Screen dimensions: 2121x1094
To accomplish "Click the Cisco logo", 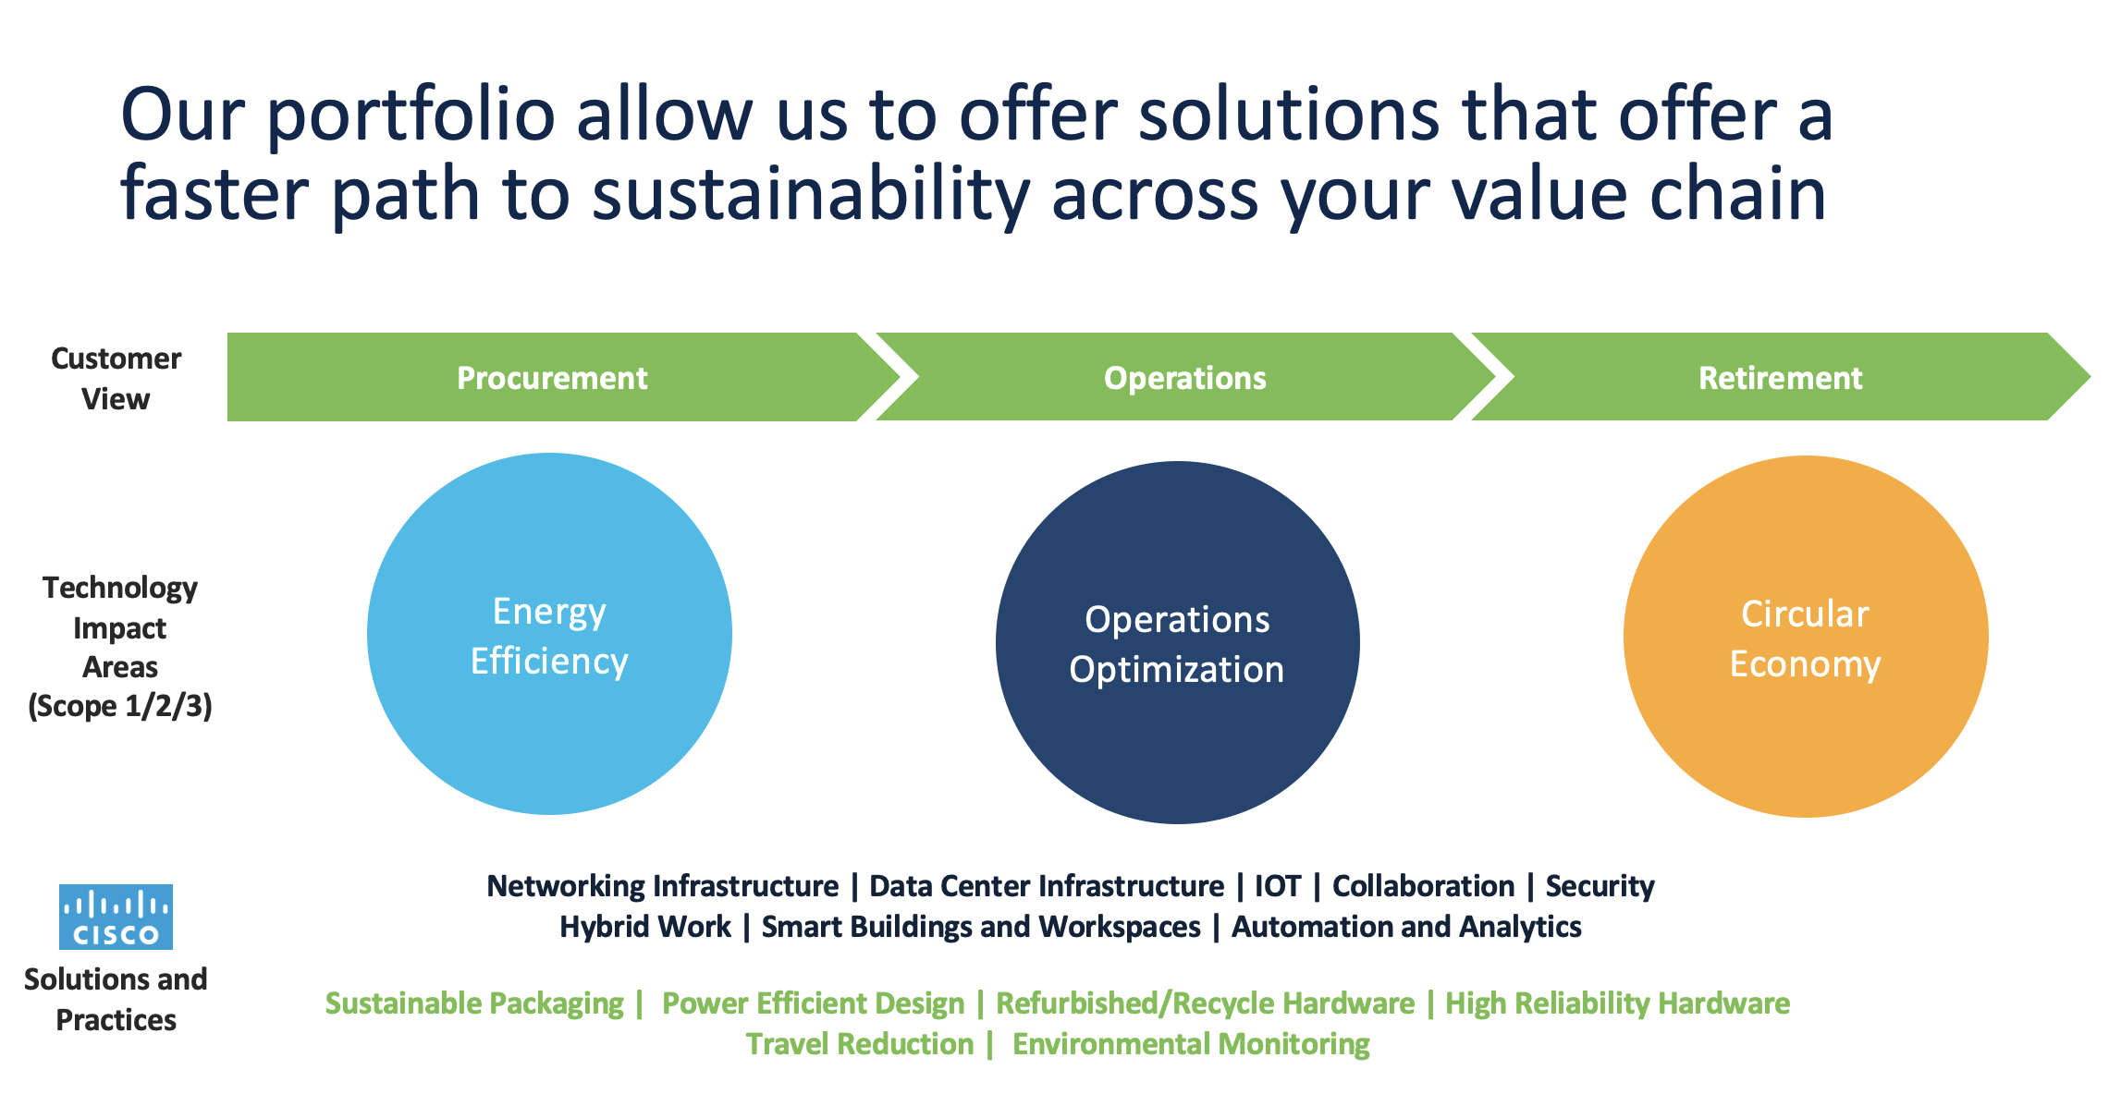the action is (x=116, y=917).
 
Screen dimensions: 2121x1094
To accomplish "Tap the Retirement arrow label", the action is (x=1780, y=378).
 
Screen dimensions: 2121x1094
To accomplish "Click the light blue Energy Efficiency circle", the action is (x=549, y=634).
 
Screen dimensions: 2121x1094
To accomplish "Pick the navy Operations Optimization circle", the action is (x=1177, y=642).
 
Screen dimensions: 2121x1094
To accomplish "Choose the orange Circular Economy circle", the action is (x=1806, y=637).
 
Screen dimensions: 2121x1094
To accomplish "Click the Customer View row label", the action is (x=116, y=378).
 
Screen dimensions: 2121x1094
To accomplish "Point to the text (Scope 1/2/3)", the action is (x=120, y=706).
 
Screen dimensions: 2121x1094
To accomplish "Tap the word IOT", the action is (x=1277, y=886).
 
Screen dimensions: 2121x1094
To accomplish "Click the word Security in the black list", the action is (x=1600, y=886).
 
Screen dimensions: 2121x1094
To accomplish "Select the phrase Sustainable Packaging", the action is (x=474, y=1003).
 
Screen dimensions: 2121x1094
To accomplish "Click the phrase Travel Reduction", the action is (x=860, y=1044).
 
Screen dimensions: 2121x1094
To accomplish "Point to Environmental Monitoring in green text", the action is (x=1191, y=1044).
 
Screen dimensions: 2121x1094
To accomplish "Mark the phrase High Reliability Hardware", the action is (x=1618, y=1003).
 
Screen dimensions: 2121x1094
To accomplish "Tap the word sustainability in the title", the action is (x=811, y=195).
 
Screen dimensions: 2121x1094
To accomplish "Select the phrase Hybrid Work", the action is (x=645, y=927).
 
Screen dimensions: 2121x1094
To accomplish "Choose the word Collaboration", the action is (x=1423, y=886).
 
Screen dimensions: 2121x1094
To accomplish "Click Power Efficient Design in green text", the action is (x=814, y=1003).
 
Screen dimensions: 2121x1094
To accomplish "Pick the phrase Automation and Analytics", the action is (x=1406, y=927).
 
